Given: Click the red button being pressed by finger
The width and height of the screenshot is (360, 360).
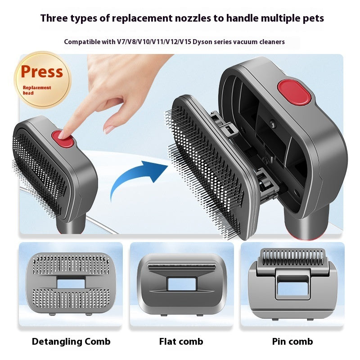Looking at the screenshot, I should (63, 138).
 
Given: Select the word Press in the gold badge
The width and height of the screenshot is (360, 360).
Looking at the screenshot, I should (42, 72).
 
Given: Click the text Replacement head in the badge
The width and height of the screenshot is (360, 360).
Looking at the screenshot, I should (37, 90).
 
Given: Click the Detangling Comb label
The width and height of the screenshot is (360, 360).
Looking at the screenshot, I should (71, 341).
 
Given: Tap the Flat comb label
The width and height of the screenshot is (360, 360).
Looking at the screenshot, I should (181, 341).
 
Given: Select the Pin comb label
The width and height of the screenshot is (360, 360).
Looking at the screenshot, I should (292, 341).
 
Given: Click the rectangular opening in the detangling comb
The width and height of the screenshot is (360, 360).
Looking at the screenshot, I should (71, 283).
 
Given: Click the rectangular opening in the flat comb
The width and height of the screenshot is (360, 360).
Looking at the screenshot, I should (181, 283).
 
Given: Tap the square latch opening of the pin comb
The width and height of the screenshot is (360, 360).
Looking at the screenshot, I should (292, 286).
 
